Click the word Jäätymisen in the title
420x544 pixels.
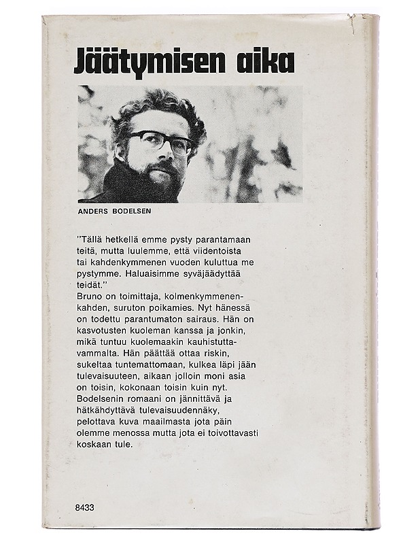144,63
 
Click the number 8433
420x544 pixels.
88,507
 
